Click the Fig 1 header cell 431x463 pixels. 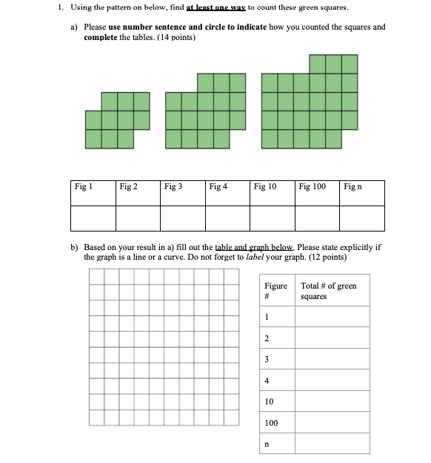(x=93, y=193)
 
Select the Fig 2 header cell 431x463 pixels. (x=138, y=193)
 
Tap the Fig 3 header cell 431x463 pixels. (x=182, y=193)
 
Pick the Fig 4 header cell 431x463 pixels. (x=227, y=193)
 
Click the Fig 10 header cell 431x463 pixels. (x=273, y=193)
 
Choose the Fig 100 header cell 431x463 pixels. (x=318, y=193)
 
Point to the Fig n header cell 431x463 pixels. (x=362, y=193)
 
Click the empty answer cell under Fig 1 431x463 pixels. (x=93, y=218)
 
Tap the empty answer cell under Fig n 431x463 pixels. (x=362, y=218)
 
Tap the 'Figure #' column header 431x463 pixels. (x=277, y=291)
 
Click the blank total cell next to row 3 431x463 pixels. (x=332, y=358)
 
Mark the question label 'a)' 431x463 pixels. (x=75, y=27)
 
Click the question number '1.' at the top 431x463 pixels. (x=60, y=8)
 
